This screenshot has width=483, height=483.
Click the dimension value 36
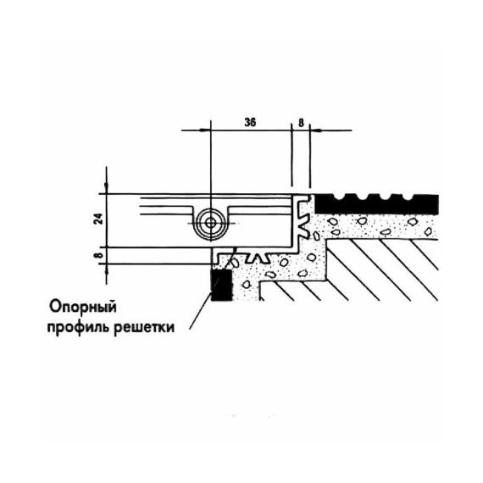click(250, 123)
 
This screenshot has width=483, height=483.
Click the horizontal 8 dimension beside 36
click(301, 123)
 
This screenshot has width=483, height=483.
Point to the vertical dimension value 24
click(98, 219)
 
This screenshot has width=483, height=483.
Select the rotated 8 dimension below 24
click(98, 255)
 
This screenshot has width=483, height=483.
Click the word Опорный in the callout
click(83, 308)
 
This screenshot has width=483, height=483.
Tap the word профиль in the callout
click(79, 328)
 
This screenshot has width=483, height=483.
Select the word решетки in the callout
click(144, 328)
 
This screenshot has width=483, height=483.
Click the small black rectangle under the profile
click(221, 285)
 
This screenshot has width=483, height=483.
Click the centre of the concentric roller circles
click(211, 223)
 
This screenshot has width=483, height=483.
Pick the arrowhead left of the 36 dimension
click(205, 130)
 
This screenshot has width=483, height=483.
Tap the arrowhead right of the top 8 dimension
click(316, 130)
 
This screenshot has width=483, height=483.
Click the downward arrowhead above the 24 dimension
click(107, 187)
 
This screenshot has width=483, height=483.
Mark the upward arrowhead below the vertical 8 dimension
click(107, 269)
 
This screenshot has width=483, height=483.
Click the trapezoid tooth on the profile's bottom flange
click(259, 258)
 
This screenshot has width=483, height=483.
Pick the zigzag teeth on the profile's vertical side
click(303, 215)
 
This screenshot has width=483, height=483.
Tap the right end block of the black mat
click(426, 204)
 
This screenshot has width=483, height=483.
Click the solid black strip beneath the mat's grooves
click(376, 208)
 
